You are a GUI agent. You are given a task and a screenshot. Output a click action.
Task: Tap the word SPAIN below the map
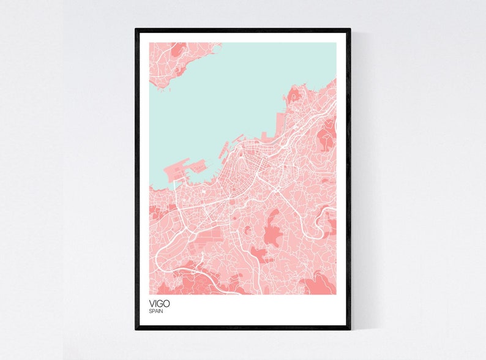click(155, 311)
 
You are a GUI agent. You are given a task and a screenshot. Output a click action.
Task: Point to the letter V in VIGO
click(151, 302)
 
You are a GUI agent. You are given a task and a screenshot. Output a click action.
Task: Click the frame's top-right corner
click(350, 29)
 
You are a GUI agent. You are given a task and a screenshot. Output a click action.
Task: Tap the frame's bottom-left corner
click(136, 328)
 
